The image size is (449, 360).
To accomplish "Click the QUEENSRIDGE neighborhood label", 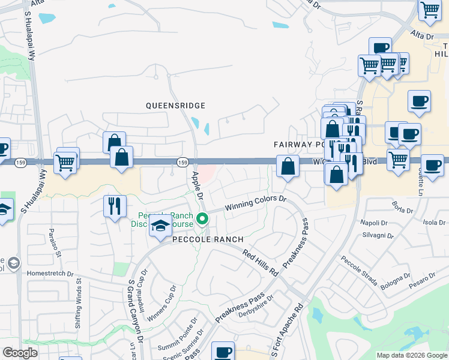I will (x=175, y=106).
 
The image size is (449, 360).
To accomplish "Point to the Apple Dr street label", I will (x=198, y=186).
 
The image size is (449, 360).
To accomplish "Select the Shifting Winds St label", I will (x=79, y=307).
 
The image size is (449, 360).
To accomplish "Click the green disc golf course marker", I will (x=203, y=218).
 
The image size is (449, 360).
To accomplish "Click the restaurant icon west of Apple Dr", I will (x=115, y=206).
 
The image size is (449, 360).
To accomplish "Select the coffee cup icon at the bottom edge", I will (x=223, y=352).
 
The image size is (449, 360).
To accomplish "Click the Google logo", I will (x=20, y=353).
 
